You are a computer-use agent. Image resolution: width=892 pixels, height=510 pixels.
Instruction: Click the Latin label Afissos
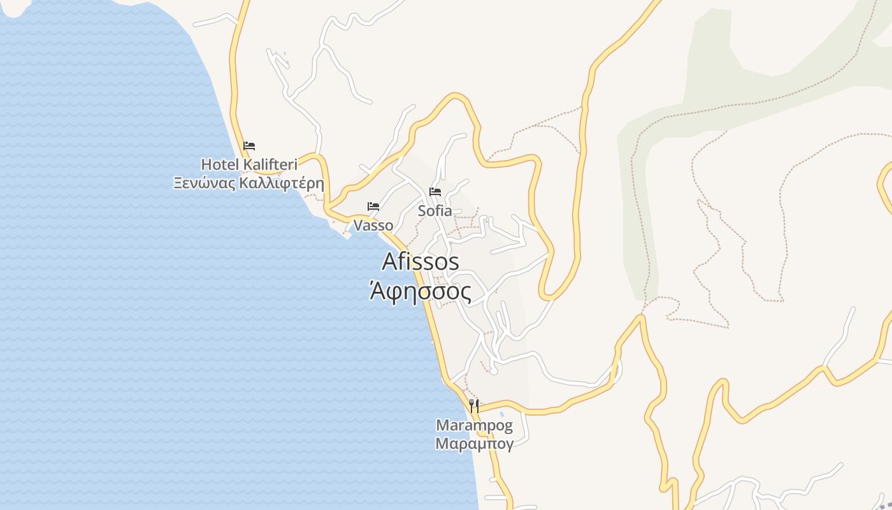(421, 261)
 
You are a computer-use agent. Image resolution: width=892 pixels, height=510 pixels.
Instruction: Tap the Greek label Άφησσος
(421, 292)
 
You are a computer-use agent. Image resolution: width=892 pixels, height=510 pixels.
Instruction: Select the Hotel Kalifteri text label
(249, 164)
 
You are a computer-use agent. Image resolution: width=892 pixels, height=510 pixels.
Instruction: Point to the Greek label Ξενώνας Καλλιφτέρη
(249, 184)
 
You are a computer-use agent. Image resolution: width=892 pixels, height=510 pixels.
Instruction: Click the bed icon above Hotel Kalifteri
(249, 146)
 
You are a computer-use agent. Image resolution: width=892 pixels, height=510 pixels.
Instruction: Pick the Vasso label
(373, 225)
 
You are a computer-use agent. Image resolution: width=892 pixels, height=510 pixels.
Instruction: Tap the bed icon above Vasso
(373, 207)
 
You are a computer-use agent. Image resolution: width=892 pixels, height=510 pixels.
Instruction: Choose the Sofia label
(435, 210)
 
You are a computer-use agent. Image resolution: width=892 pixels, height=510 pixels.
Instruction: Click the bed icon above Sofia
(435, 191)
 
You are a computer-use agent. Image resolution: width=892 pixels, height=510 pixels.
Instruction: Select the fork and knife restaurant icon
(474, 405)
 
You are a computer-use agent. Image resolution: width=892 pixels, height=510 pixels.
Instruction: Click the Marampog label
(474, 425)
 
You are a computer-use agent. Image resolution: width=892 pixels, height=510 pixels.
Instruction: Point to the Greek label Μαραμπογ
(474, 444)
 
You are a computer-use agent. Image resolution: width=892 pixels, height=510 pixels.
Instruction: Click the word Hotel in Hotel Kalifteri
(220, 164)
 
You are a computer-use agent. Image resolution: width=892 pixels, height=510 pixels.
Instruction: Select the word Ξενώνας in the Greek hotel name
(206, 184)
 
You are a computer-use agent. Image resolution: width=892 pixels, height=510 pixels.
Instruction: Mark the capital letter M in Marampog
(442, 425)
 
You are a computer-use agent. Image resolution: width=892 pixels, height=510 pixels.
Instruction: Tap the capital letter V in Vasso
(358, 225)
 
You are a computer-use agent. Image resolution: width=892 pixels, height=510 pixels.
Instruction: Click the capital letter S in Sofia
(422, 210)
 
